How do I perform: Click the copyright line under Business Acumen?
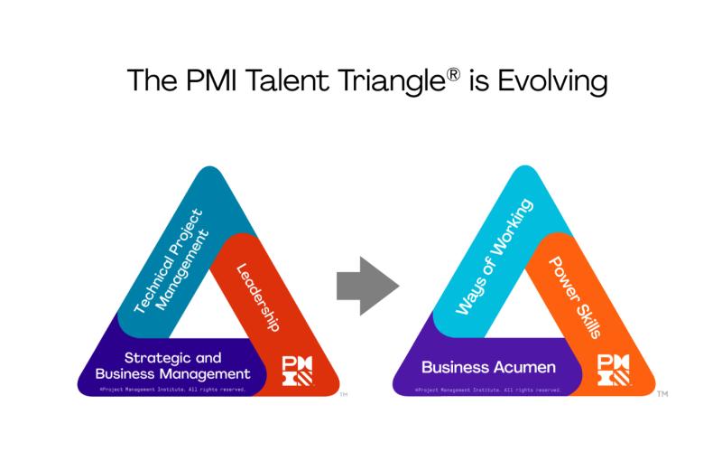point(488,390)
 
